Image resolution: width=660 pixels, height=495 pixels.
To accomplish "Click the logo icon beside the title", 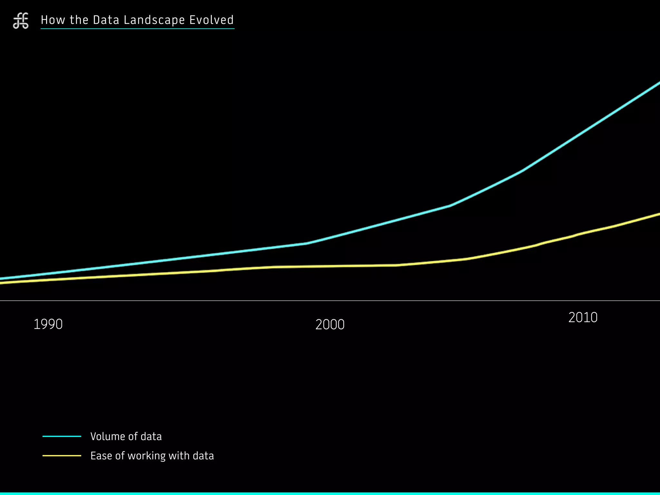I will [21, 21].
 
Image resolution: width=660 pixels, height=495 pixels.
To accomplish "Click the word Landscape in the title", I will [154, 20].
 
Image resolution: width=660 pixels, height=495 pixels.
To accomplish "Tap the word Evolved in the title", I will [211, 20].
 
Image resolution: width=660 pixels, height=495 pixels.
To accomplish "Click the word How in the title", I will [53, 20].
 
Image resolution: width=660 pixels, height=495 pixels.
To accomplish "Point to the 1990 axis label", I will [48, 324].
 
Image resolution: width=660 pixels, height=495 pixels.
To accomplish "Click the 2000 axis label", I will [330, 325].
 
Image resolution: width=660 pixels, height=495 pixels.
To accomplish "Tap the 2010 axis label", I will [583, 318].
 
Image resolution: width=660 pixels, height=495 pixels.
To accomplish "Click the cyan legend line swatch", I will [62, 436].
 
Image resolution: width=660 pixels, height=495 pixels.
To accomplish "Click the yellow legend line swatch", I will [62, 456].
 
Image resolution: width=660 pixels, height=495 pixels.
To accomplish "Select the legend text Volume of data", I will [126, 436].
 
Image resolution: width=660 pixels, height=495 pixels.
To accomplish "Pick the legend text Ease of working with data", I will [152, 456].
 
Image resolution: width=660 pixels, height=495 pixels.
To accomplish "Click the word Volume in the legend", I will [108, 436].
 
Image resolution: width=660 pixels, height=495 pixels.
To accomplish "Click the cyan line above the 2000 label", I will [330, 237].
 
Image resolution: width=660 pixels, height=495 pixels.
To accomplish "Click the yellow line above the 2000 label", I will [330, 266].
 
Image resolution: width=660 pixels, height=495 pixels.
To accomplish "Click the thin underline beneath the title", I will [137, 29].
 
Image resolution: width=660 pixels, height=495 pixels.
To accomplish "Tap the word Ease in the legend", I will [101, 456].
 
